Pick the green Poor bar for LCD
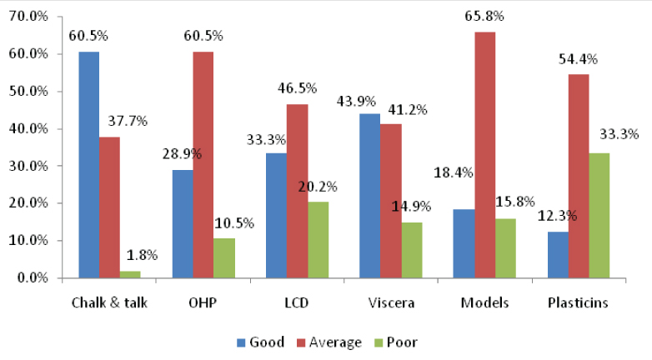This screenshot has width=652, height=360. click(x=318, y=240)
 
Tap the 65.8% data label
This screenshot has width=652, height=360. click(x=485, y=16)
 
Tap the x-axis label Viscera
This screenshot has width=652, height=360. click(x=389, y=302)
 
